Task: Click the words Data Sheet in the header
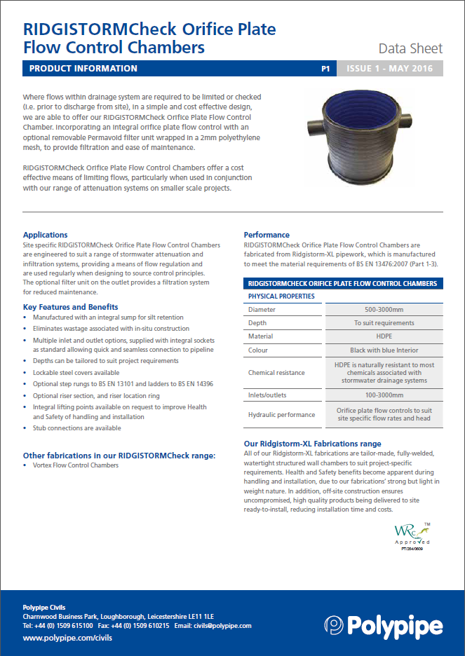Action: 410,48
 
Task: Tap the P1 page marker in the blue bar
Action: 325,69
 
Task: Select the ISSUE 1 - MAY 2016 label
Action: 390,69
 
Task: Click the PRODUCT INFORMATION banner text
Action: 83,69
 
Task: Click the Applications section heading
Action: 46,235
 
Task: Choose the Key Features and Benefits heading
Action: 71,307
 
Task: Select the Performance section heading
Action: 267,235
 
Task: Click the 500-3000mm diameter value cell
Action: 383,310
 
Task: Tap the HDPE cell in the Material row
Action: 383,336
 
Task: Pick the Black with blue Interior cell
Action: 383,350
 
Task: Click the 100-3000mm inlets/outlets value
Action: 383,395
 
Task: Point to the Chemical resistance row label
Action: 276,372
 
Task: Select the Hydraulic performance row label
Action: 281,415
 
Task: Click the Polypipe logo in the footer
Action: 383,625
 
